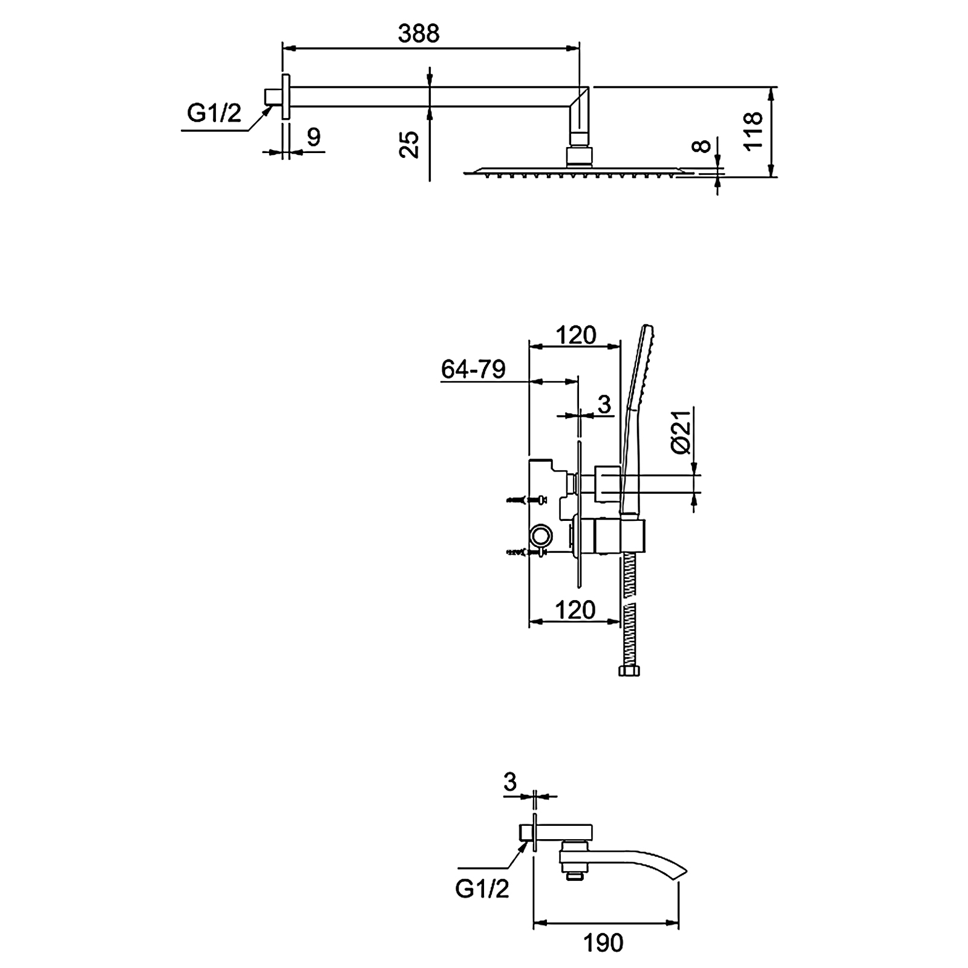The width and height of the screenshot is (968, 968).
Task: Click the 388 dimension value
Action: pos(419,34)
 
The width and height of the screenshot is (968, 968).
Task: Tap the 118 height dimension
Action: pos(753,131)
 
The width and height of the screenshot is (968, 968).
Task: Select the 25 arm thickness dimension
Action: pos(410,145)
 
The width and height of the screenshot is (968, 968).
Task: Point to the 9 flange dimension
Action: pos(313,137)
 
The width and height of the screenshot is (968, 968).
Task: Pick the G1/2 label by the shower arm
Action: pos(214,113)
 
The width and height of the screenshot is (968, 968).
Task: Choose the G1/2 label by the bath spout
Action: pos(482,889)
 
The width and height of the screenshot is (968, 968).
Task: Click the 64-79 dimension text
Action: pos(473,368)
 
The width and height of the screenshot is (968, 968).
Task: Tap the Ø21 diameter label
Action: pos(681,431)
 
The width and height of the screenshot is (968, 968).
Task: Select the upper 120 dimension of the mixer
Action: pos(576,335)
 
